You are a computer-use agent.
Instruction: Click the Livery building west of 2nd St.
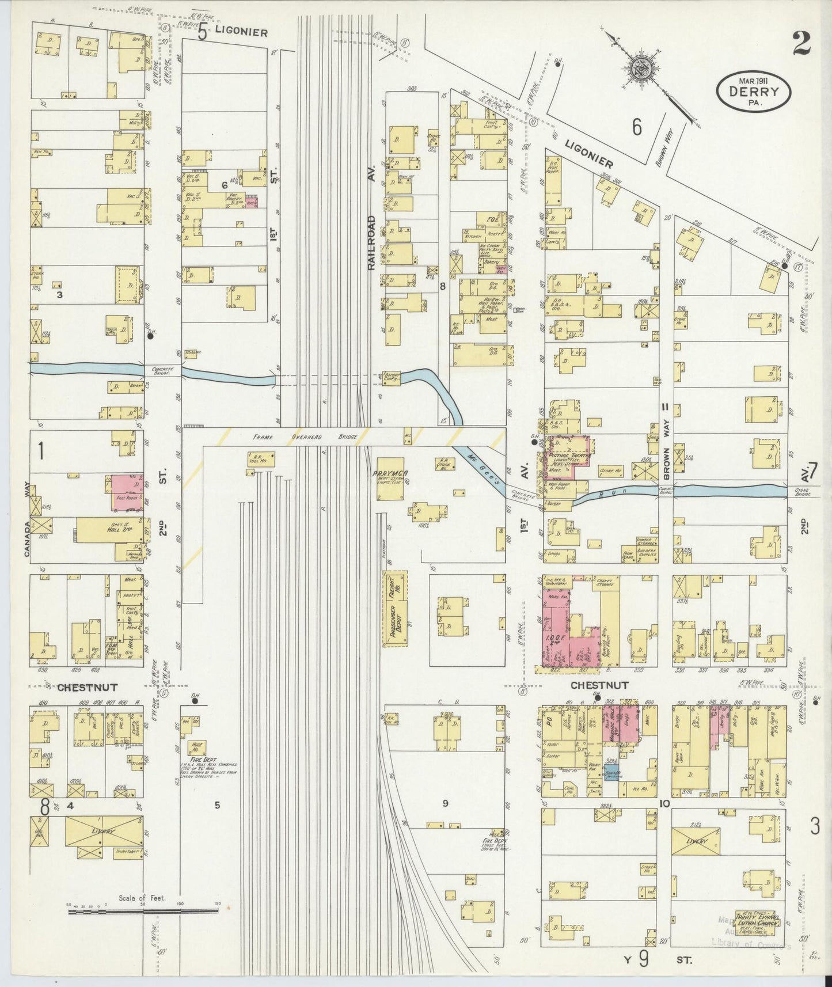104,831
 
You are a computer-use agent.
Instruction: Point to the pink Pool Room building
127,493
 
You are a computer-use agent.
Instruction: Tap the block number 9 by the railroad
445,804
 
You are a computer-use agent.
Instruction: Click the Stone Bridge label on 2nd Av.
802,492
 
